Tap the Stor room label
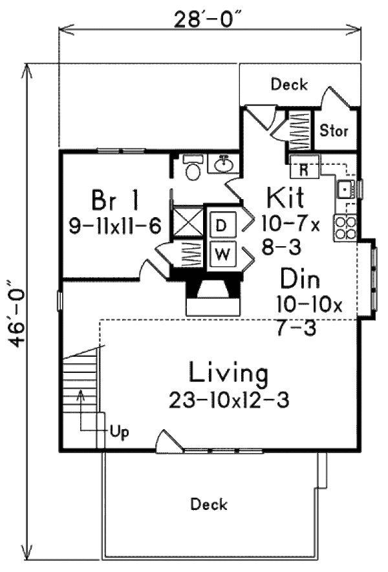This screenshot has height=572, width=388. (x=334, y=131)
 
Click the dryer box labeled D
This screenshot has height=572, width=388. (x=221, y=226)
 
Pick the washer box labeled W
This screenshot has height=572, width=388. (x=221, y=254)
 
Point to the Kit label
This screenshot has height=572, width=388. (x=285, y=196)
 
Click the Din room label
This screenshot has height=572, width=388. (x=300, y=279)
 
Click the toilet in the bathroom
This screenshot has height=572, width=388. (x=193, y=169)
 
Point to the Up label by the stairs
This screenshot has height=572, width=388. (x=118, y=432)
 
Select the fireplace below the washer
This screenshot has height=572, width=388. (x=213, y=295)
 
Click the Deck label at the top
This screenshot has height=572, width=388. (x=289, y=85)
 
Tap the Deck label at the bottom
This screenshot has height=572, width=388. (x=209, y=504)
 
